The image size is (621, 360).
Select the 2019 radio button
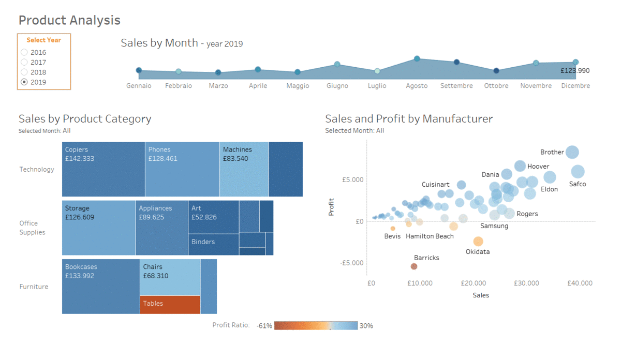coord(24,82)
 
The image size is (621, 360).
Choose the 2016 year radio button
coord(24,52)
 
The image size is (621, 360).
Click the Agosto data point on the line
coord(417,59)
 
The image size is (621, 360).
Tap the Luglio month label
coord(377,86)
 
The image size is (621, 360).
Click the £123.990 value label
coord(575,71)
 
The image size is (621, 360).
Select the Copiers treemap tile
coord(103,169)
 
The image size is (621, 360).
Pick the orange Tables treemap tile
coord(170,304)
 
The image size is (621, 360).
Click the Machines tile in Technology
coord(244,169)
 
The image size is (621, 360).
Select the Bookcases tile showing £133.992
coord(101,286)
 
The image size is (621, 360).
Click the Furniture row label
coord(34,287)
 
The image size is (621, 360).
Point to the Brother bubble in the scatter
coord(572,152)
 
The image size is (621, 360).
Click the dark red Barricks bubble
coord(414,266)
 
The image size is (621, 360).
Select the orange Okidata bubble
coord(478,242)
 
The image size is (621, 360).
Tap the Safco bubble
coord(578,172)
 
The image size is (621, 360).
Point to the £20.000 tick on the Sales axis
coord(474,283)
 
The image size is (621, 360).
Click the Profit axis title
coord(331,207)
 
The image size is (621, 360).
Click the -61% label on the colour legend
coord(264,326)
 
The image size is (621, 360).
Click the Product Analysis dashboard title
coord(69,20)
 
